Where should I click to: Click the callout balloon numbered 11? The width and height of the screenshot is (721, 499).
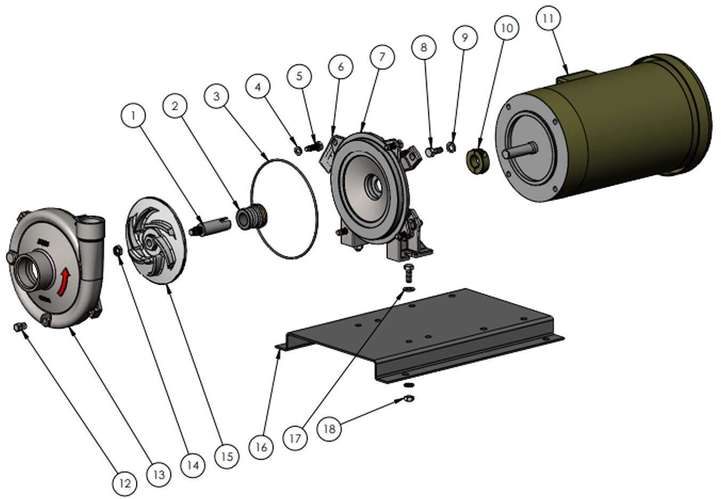click(548, 19)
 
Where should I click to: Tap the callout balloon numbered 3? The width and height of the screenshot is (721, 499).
click(216, 96)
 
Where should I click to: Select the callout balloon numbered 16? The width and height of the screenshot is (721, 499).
click(261, 446)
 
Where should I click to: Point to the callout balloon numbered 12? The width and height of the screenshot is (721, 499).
click(124, 483)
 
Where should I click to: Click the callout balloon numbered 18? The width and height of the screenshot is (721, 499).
click(330, 428)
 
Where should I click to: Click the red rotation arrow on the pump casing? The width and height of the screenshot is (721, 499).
click(64, 281)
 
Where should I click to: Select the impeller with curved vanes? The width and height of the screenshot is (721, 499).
click(155, 241)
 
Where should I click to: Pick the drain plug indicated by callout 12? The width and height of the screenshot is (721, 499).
click(20, 327)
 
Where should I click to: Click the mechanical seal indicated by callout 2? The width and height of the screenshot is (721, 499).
click(250, 217)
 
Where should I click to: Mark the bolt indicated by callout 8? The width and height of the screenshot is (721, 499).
click(433, 152)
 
